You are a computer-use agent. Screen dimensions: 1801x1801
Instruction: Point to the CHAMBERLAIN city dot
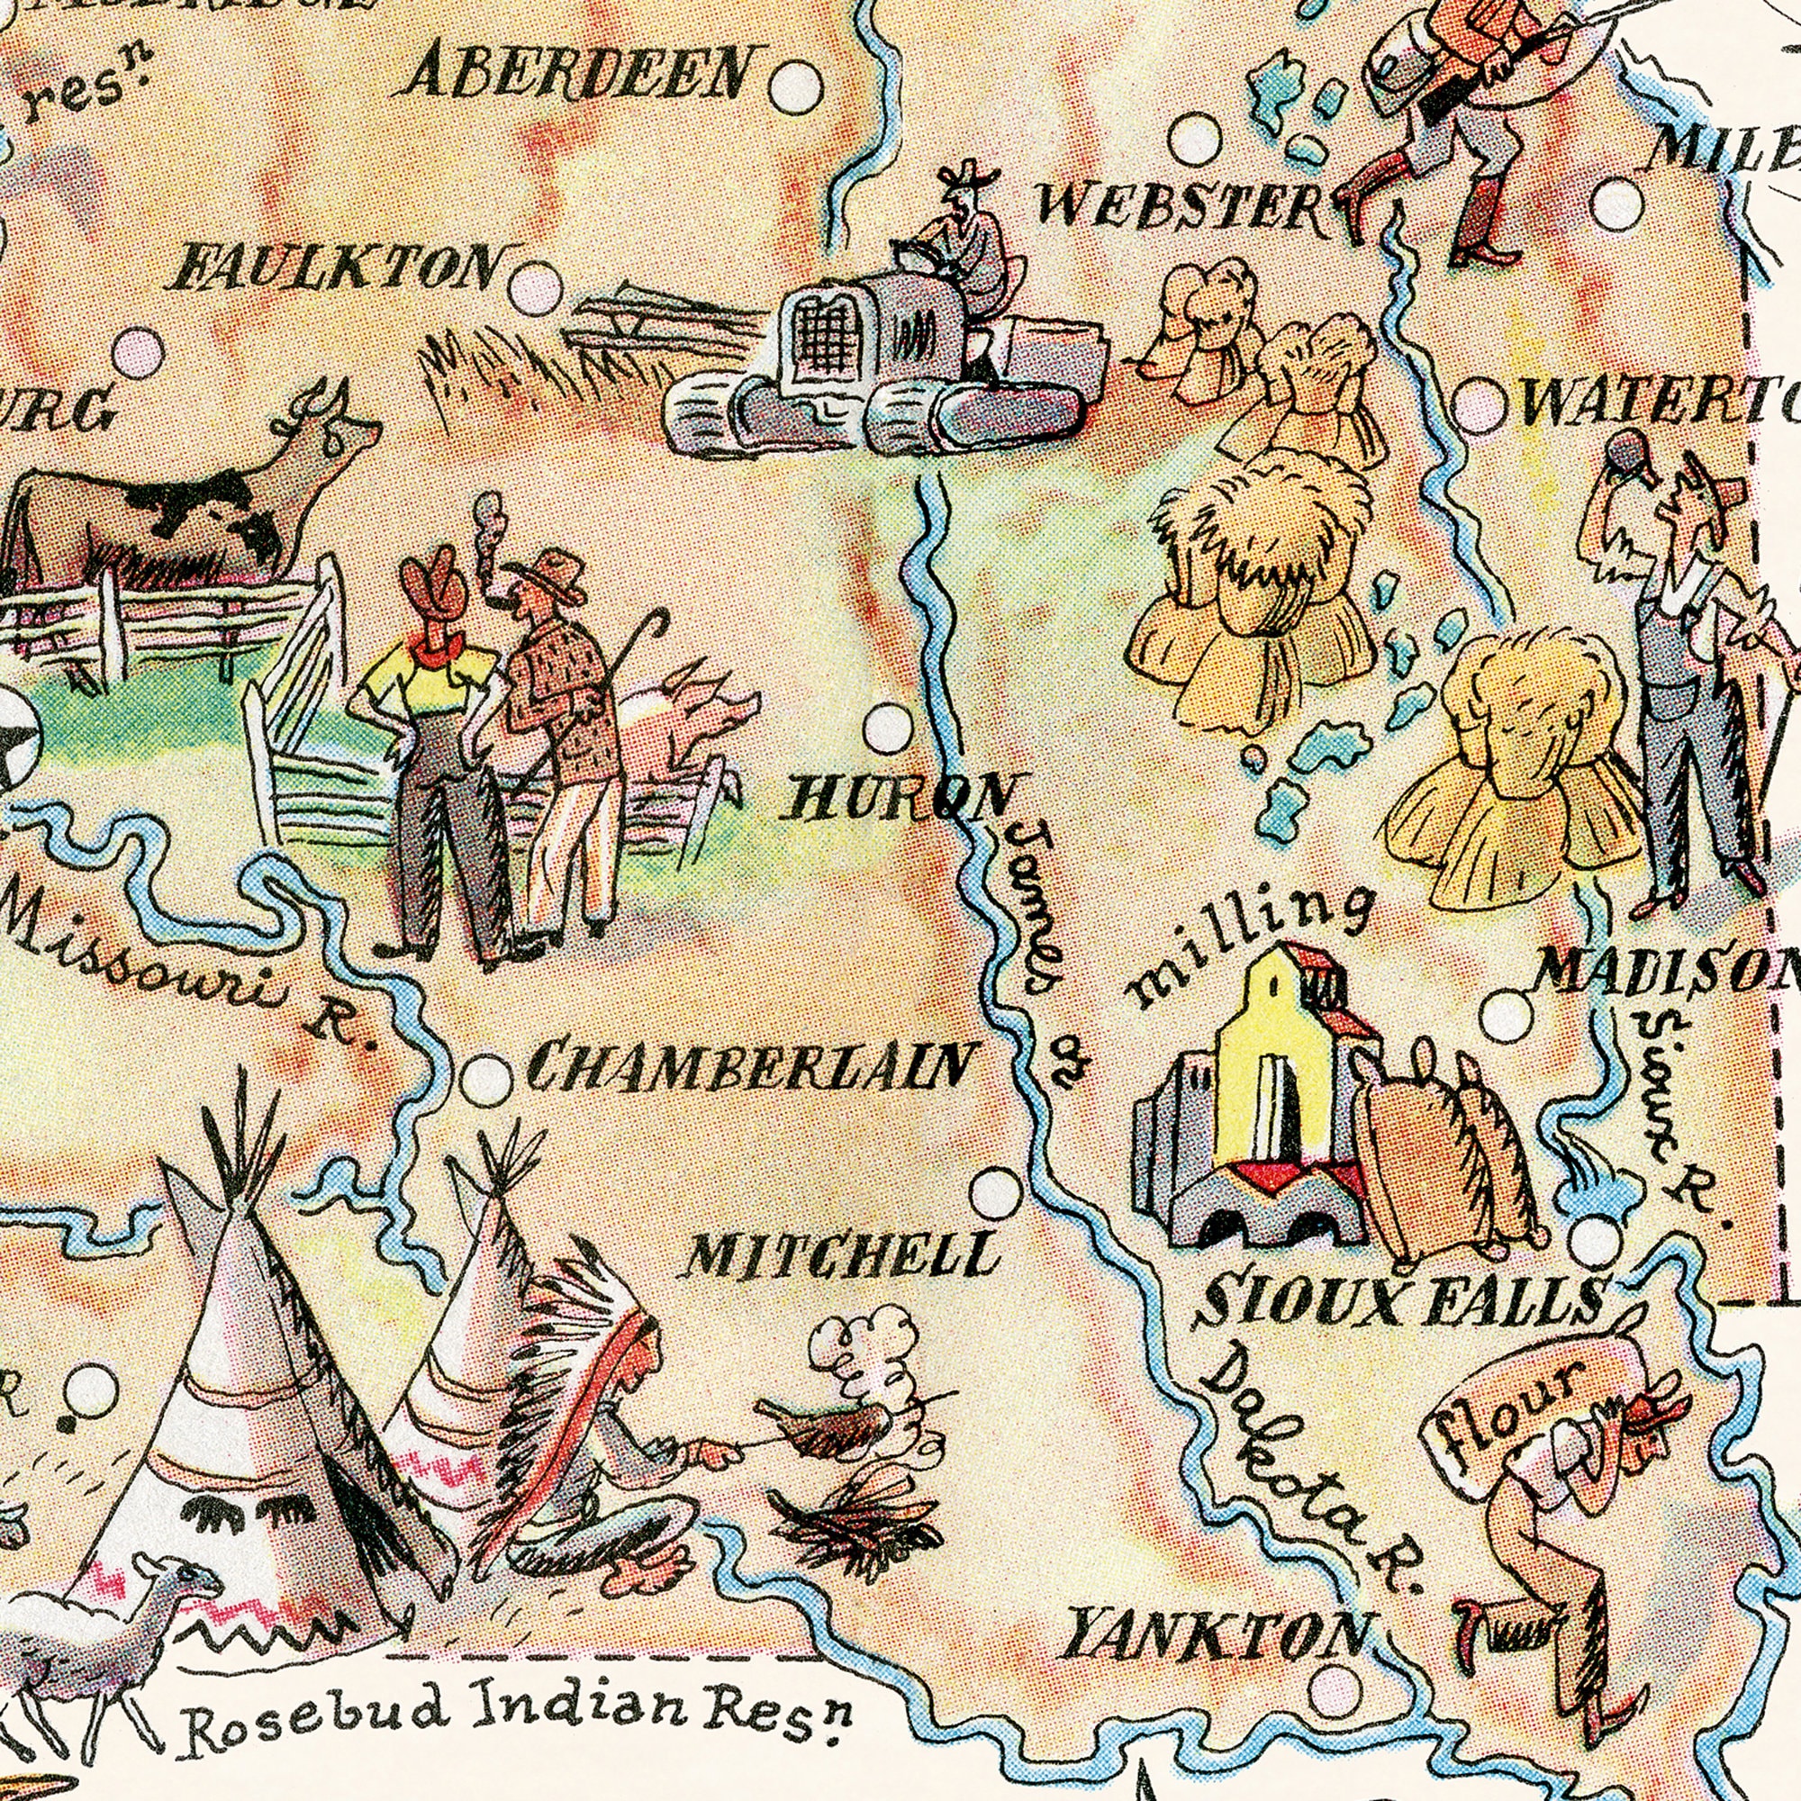[x=486, y=1081]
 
